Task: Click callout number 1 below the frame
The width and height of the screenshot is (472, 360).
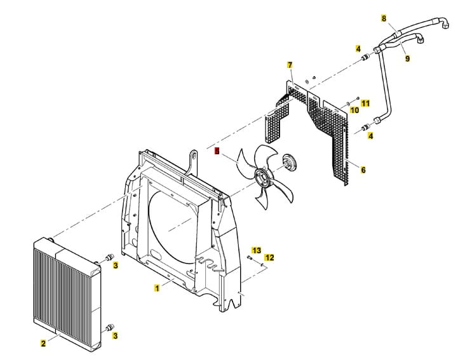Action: point(157,288)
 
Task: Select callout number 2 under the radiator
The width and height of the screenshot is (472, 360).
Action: point(43,343)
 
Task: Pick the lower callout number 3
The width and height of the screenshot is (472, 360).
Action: point(116,334)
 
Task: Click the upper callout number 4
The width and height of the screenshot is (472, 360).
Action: point(358,49)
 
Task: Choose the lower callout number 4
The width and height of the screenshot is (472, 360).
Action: point(371,136)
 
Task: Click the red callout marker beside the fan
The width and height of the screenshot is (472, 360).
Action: point(217,152)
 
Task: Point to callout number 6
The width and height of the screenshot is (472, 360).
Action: point(363,170)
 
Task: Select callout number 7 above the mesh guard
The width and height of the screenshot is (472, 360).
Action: point(290,65)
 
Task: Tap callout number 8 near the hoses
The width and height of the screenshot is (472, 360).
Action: point(384,18)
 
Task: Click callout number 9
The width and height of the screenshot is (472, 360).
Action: point(407,58)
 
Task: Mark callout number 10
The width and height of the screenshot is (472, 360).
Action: point(354,110)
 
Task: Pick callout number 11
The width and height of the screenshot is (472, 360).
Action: point(365,102)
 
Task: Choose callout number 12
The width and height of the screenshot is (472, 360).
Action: point(269,257)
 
